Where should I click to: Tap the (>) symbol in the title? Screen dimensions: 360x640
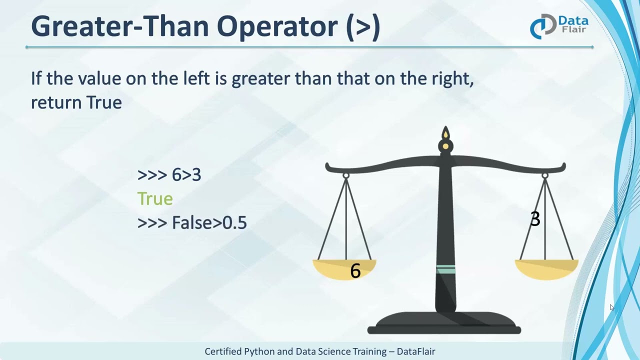click(363, 26)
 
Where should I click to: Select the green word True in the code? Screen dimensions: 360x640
click(155, 198)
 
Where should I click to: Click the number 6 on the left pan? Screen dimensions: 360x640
click(355, 271)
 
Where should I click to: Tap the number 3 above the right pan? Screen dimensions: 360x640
click(535, 219)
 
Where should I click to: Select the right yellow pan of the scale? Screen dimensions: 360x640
click(546, 269)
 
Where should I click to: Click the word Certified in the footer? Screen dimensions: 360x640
click(222, 351)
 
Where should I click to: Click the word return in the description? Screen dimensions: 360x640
click(56, 102)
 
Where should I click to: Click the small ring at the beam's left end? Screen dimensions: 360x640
click(346, 175)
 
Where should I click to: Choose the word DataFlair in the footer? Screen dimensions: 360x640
click(415, 351)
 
